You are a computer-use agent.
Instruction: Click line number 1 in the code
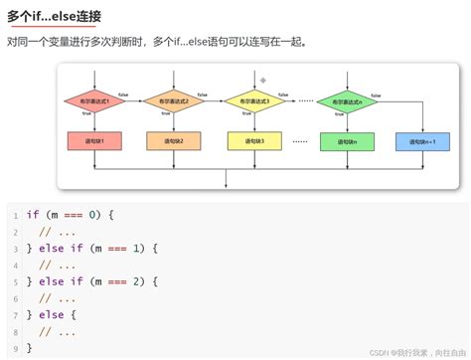point(16,215)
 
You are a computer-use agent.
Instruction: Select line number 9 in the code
point(16,348)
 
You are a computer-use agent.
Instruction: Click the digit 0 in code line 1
point(91,215)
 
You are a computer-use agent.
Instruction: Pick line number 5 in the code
point(16,281)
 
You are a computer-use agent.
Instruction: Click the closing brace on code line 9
point(30,348)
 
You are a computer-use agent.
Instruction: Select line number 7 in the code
point(16,315)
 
